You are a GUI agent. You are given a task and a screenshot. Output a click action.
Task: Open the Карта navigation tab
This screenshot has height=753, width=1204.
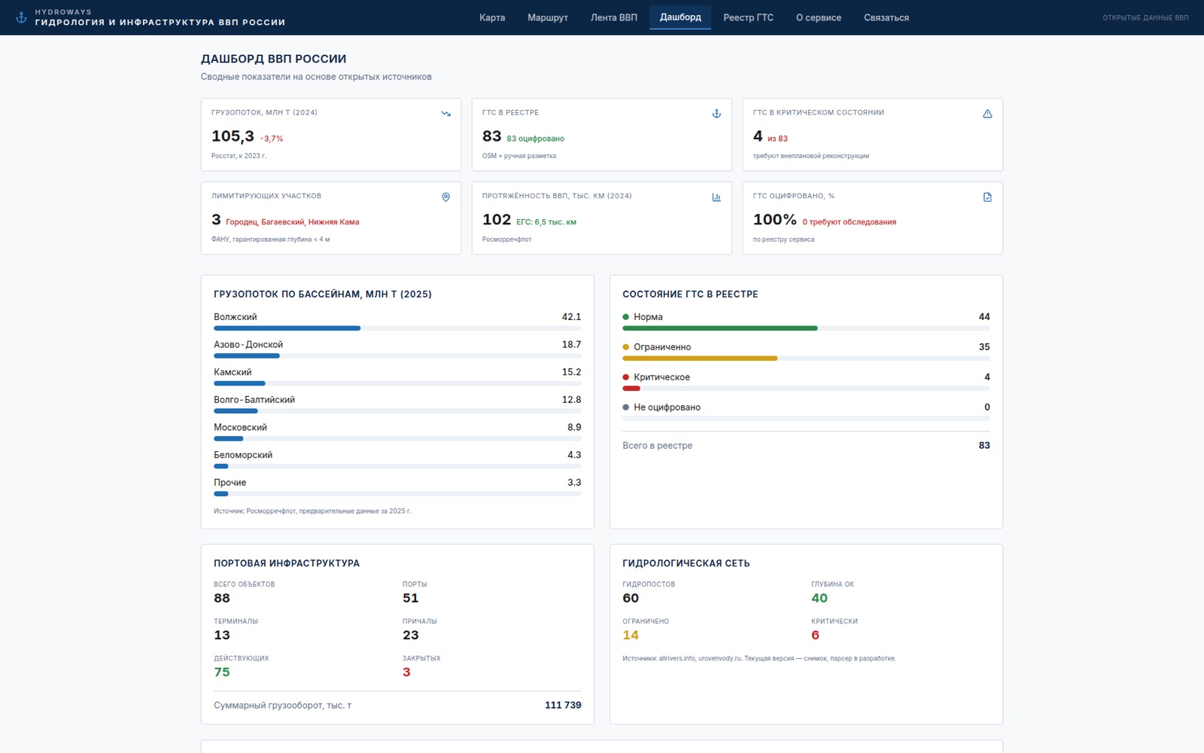coord(492,18)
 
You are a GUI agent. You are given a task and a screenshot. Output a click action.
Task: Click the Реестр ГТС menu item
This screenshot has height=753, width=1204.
coord(748,18)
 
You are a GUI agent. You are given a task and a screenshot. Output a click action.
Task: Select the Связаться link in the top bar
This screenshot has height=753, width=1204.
coord(886,18)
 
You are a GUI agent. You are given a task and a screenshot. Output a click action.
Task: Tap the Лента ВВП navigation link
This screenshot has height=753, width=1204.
coord(614,18)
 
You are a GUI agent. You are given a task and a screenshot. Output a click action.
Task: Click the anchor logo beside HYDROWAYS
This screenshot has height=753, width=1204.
coord(21,17)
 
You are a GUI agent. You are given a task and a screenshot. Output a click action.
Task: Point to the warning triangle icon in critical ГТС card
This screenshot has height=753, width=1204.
coord(987,114)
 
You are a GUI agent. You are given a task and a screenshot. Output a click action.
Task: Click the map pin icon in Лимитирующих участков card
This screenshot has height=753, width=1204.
coord(445,197)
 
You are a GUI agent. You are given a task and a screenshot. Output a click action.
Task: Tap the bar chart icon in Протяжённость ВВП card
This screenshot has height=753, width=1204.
coord(716,197)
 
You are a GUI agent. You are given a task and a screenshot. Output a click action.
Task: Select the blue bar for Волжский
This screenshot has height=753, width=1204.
coord(287,328)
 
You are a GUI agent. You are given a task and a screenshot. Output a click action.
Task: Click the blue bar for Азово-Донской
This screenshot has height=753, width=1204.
coord(247,355)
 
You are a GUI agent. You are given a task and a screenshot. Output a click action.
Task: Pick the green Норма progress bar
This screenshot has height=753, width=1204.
coord(719,328)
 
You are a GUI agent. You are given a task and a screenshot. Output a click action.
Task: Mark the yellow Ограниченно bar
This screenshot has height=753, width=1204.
coord(700,358)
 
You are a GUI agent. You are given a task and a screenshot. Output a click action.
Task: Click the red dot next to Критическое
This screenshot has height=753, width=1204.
coord(625,377)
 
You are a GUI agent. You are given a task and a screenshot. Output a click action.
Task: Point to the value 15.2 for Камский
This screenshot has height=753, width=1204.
coord(571,372)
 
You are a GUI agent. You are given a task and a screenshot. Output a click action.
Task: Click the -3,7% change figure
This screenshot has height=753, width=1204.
coord(272,139)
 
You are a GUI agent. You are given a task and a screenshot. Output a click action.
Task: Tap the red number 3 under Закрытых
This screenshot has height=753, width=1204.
coord(406,672)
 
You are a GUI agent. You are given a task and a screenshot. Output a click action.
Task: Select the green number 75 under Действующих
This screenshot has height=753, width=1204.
coord(222,672)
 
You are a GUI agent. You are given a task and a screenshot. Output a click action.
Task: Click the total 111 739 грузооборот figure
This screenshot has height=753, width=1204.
coord(563,705)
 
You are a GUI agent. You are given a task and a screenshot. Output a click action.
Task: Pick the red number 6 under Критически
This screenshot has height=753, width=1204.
coord(816,635)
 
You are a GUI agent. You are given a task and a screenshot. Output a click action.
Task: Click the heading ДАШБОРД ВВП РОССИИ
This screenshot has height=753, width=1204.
coord(274,59)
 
